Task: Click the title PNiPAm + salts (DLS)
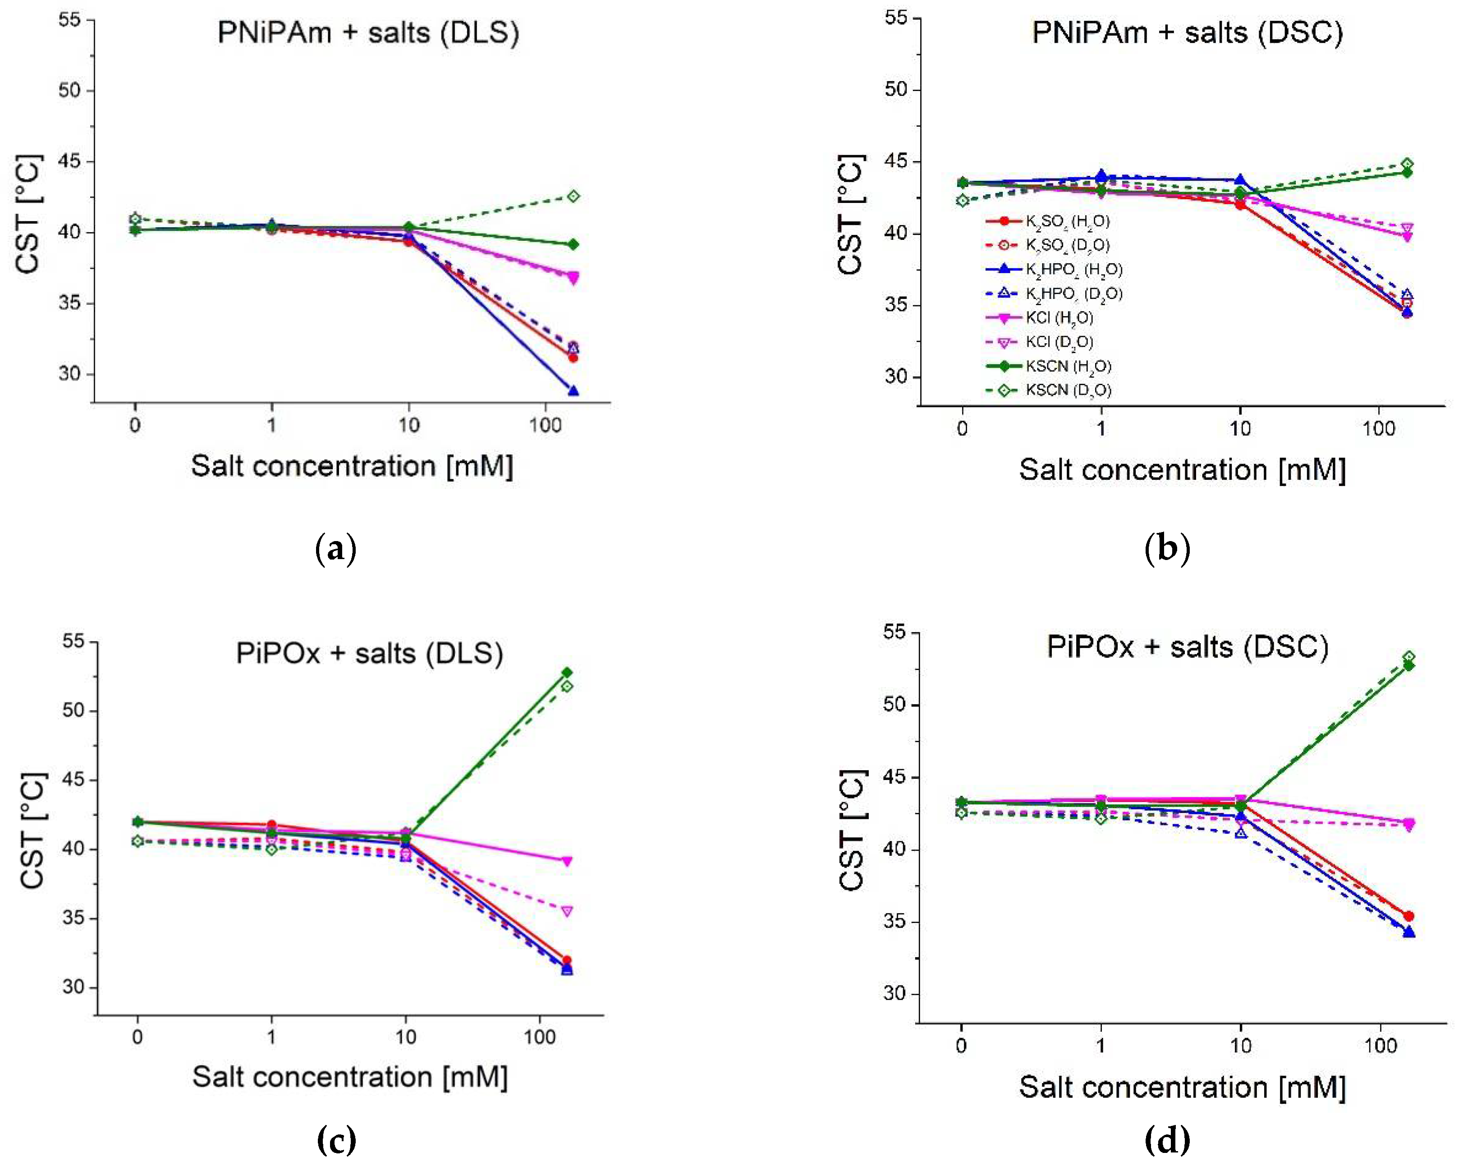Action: [x=368, y=32]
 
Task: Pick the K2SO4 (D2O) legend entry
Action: [x=1068, y=245]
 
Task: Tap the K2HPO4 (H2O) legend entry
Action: [x=1073, y=270]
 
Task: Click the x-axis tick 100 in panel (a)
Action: [x=545, y=426]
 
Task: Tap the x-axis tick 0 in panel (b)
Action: [x=962, y=429]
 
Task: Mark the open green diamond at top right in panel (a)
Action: [x=573, y=196]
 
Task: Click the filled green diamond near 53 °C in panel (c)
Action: [x=567, y=673]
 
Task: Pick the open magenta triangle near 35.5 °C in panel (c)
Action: [x=567, y=911]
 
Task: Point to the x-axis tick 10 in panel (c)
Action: [x=405, y=1037]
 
